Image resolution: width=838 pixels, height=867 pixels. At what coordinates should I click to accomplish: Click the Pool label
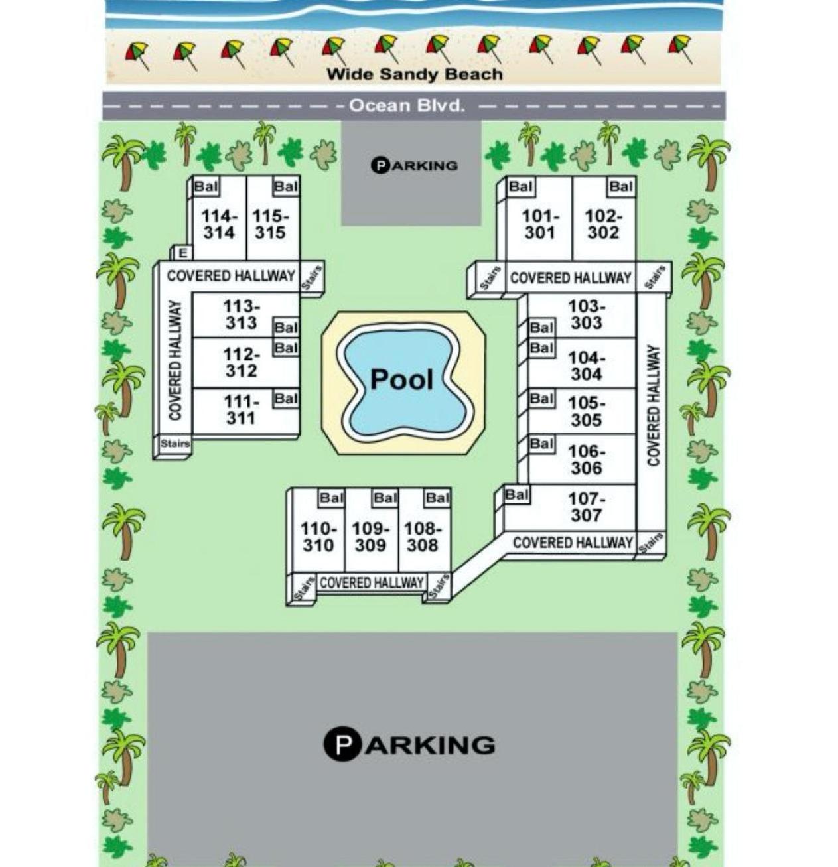pyautogui.click(x=401, y=379)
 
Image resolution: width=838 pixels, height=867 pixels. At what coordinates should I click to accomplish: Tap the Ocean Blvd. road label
pyautogui.click(x=407, y=106)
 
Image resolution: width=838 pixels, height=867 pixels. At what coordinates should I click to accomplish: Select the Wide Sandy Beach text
pyautogui.click(x=415, y=74)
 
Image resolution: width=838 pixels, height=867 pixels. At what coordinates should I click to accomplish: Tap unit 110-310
pyautogui.click(x=318, y=537)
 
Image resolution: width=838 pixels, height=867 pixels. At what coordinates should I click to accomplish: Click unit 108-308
pyautogui.click(x=423, y=537)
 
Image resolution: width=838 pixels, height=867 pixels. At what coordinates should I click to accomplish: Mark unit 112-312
pyautogui.click(x=241, y=363)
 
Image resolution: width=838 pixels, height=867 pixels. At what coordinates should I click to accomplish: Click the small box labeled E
pyautogui.click(x=182, y=253)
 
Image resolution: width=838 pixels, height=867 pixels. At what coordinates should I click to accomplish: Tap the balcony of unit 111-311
pyautogui.click(x=286, y=399)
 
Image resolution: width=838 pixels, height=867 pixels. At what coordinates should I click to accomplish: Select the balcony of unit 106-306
pyautogui.click(x=541, y=444)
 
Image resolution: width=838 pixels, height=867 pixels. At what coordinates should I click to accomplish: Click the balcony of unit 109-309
pyautogui.click(x=385, y=498)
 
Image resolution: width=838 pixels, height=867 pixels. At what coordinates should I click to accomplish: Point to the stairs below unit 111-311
pyautogui.click(x=175, y=444)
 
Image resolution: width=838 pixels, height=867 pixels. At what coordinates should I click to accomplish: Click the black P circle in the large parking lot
pyautogui.click(x=341, y=744)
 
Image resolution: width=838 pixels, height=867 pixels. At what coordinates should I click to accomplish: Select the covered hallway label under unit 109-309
pyautogui.click(x=372, y=583)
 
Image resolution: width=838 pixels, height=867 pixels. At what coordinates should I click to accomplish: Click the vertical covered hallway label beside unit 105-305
pyautogui.click(x=653, y=405)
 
